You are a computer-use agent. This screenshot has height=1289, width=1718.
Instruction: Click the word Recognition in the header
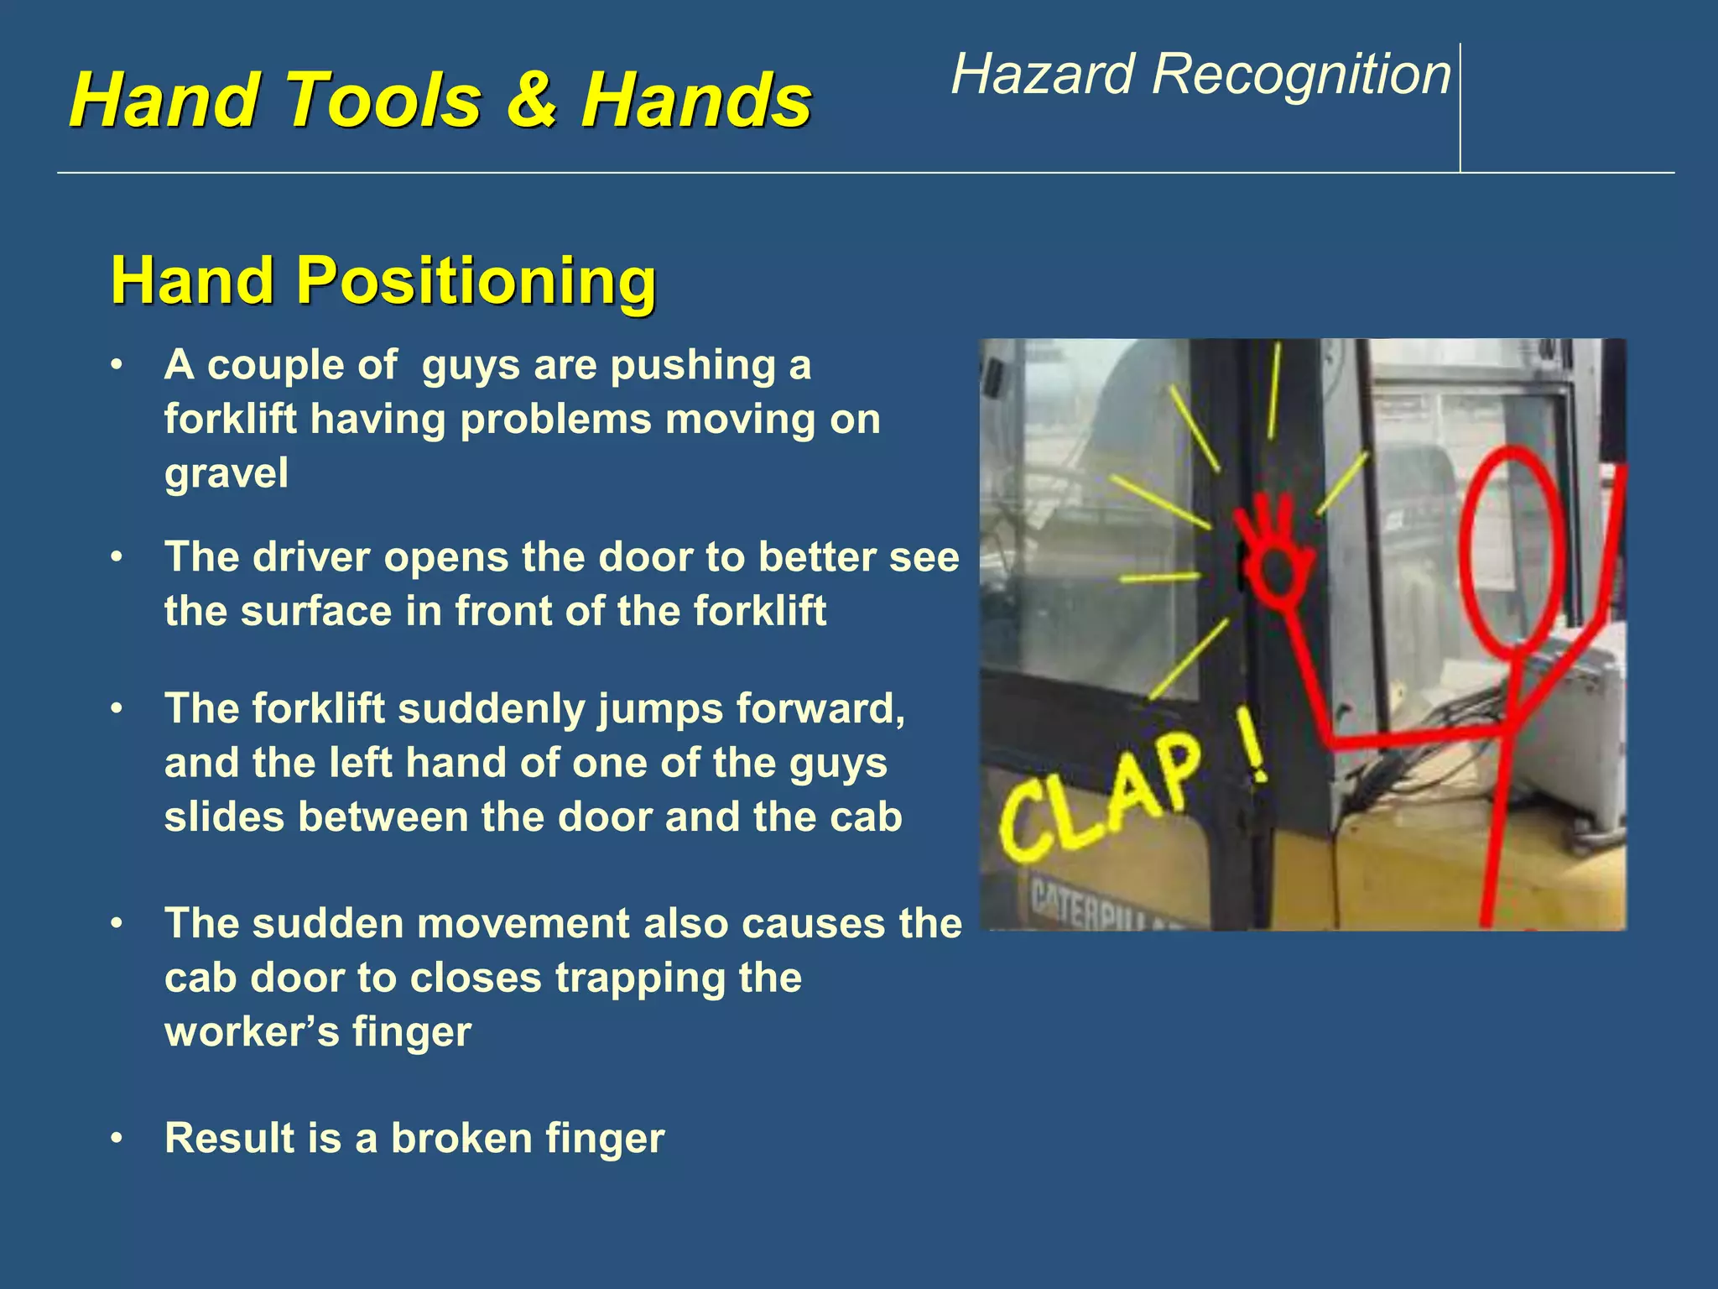[x=1301, y=75]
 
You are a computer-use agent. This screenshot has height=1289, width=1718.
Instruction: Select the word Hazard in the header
[x=1044, y=75]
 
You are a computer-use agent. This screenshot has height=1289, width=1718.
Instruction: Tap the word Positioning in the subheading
[x=476, y=280]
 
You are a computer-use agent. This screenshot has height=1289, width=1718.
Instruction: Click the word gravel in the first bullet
[x=226, y=473]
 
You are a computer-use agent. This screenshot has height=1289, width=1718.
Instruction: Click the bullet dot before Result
[x=117, y=1139]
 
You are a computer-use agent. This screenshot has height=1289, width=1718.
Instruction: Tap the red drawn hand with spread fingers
[x=1275, y=554]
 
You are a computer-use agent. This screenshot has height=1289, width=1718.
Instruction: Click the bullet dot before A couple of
[x=117, y=366]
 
